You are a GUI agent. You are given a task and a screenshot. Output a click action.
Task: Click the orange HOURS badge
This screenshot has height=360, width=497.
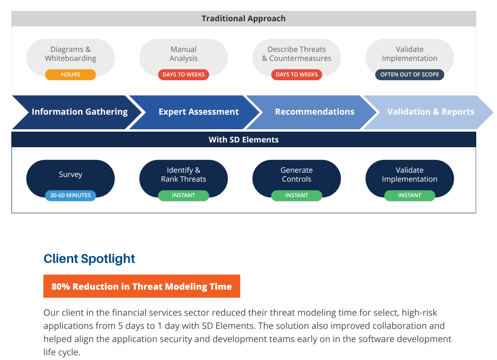point(70,75)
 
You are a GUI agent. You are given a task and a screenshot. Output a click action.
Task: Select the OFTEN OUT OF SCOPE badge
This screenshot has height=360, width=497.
point(410,75)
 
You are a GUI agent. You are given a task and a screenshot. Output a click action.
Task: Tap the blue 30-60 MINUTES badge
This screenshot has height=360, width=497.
point(70,195)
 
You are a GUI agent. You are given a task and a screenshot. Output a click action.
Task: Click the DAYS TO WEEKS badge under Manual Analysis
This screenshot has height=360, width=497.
point(184,75)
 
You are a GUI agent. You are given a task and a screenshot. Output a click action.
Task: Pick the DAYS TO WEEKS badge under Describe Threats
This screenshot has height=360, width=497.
point(297,75)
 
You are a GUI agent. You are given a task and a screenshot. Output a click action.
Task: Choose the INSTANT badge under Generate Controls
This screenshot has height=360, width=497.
point(297,195)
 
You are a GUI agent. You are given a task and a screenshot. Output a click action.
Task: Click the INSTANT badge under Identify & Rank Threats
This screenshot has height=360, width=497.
point(184,195)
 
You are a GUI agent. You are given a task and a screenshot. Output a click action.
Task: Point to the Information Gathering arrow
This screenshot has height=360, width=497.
point(78,112)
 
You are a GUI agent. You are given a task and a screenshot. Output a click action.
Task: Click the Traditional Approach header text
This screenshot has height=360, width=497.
point(244,19)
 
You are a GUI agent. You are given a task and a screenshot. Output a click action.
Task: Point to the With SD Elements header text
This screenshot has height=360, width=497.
point(244,140)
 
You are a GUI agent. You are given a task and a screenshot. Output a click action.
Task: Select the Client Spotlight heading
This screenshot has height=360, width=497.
point(89,259)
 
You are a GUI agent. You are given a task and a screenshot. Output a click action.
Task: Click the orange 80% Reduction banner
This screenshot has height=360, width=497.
point(142,286)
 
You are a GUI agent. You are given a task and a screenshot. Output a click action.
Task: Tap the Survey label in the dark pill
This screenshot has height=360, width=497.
point(70,175)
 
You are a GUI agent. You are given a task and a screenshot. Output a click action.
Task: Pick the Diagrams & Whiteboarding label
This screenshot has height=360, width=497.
point(70,54)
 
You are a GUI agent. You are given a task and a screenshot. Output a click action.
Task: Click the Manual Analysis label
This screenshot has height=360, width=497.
point(184,54)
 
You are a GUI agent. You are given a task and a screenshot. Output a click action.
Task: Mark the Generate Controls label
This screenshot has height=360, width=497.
point(297,175)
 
